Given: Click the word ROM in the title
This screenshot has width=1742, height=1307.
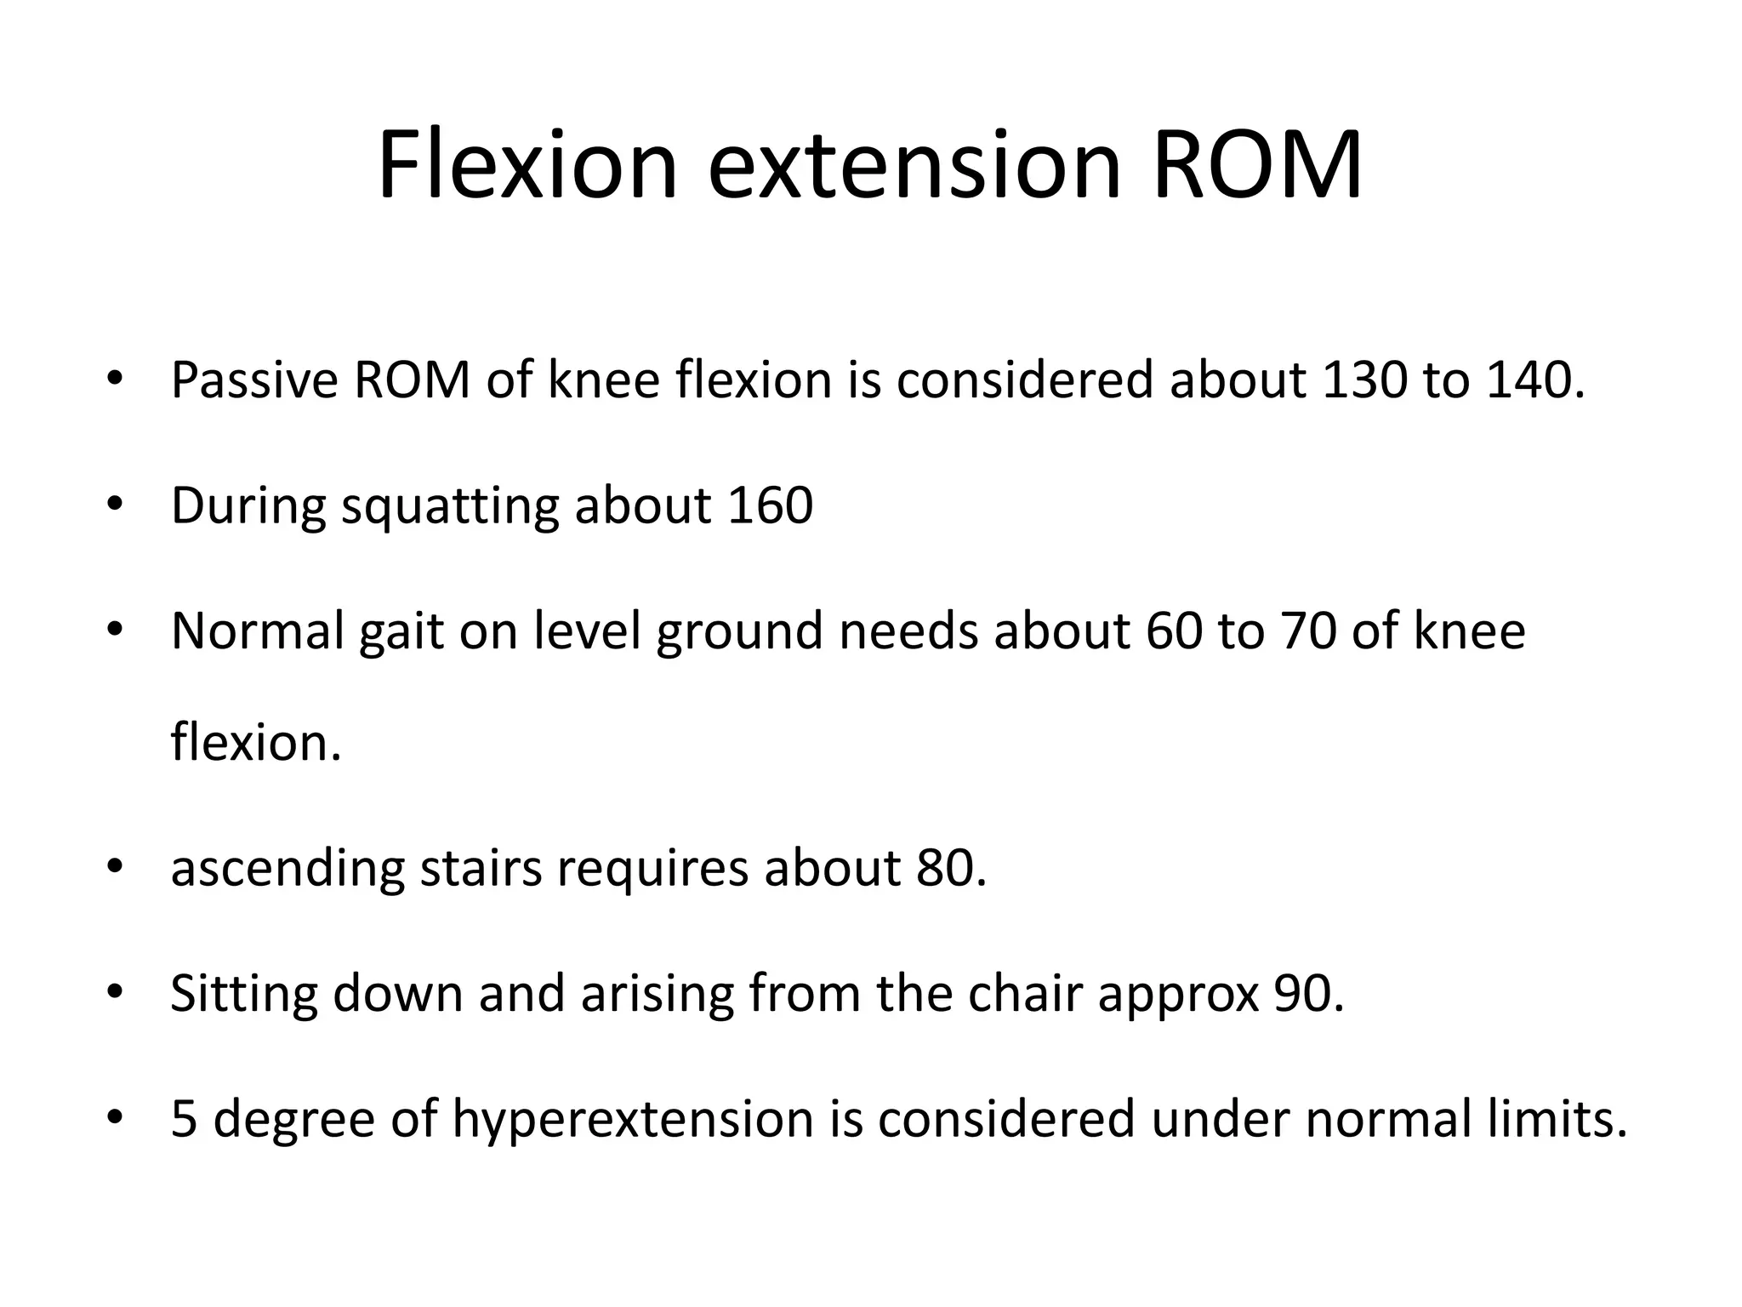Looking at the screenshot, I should coord(1257,166).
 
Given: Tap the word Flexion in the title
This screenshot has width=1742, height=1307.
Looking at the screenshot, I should coord(527,166).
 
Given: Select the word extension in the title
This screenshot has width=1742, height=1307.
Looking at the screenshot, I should coord(914,166).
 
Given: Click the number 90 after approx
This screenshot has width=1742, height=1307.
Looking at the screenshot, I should coord(1307,993).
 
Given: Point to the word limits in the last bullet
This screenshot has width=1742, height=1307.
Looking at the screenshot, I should coord(1557,1118).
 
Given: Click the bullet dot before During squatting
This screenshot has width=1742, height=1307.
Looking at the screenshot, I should coord(116,505).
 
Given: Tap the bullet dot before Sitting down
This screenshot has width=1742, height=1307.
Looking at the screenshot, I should coord(116,992).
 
